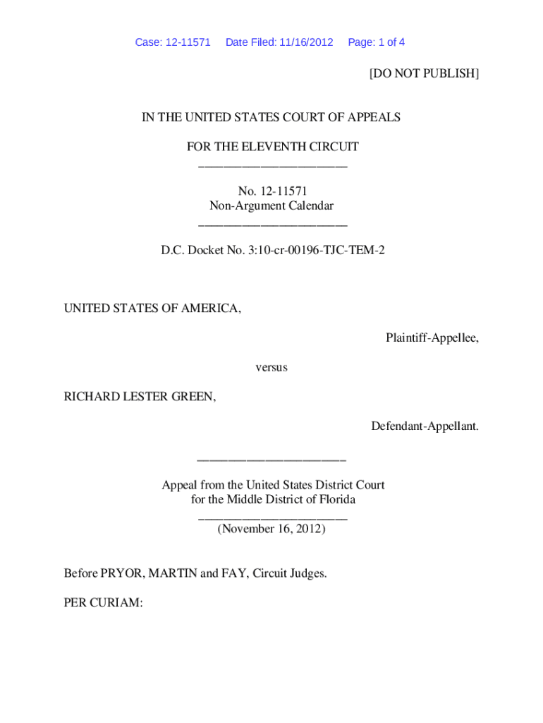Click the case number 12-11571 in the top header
187,42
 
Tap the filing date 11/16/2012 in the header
305,42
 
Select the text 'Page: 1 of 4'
376,42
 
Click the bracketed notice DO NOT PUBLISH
424,73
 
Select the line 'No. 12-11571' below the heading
271,191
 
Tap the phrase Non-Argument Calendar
271,206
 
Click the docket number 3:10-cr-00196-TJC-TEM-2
312,250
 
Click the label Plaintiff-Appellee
432,338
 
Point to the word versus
271,368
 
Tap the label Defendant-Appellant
425,426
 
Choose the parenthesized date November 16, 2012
271,529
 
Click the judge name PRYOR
121,573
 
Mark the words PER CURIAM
104,603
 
